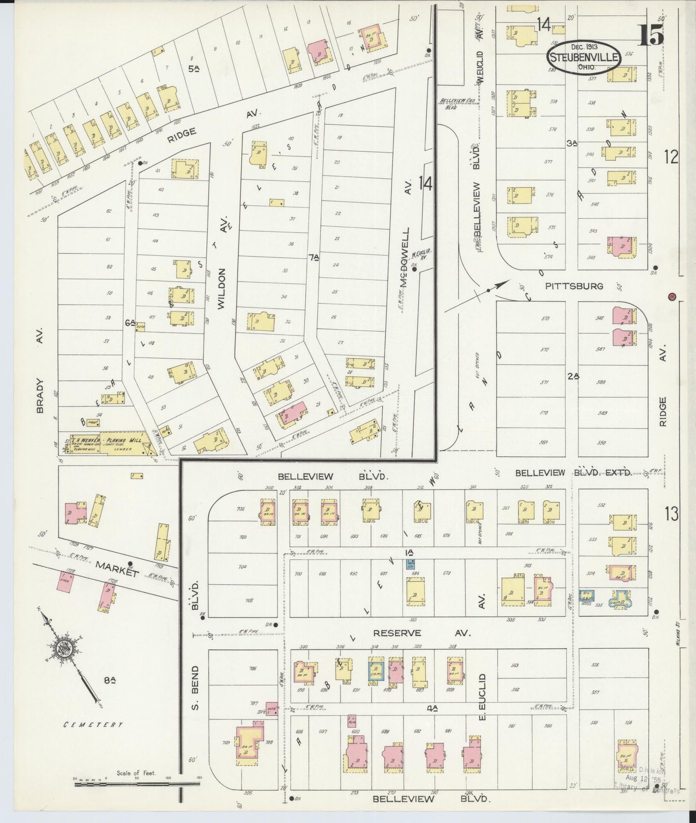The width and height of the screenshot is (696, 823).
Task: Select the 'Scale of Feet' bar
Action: [137, 784]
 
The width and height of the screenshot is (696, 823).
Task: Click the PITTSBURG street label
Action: [574, 286]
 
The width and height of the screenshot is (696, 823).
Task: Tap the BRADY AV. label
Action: [40, 371]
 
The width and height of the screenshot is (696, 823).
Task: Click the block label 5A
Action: [194, 69]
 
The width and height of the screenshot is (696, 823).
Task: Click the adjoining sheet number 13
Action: [671, 514]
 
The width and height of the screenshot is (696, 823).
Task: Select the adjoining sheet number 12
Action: [670, 157]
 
